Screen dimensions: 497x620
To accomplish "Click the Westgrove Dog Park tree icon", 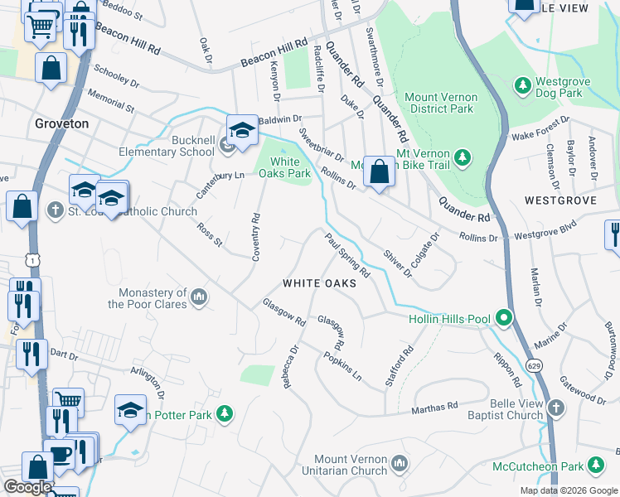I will (x=523, y=84).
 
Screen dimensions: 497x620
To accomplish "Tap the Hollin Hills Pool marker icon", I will (x=502, y=318).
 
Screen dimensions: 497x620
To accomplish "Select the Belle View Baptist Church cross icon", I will (x=555, y=408).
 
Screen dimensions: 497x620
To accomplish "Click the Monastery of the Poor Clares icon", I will (x=198, y=297).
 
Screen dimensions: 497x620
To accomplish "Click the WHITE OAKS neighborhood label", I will (x=319, y=283).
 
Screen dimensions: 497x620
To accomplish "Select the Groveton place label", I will (x=61, y=123).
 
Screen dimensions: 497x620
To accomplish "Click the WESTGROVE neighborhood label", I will (x=560, y=201).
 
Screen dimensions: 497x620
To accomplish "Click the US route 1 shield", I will (x=31, y=260).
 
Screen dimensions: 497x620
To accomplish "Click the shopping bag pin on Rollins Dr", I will (x=379, y=171).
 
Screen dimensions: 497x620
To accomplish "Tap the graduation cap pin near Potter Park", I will (x=130, y=411).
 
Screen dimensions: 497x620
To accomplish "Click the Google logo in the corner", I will (x=27, y=487).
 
